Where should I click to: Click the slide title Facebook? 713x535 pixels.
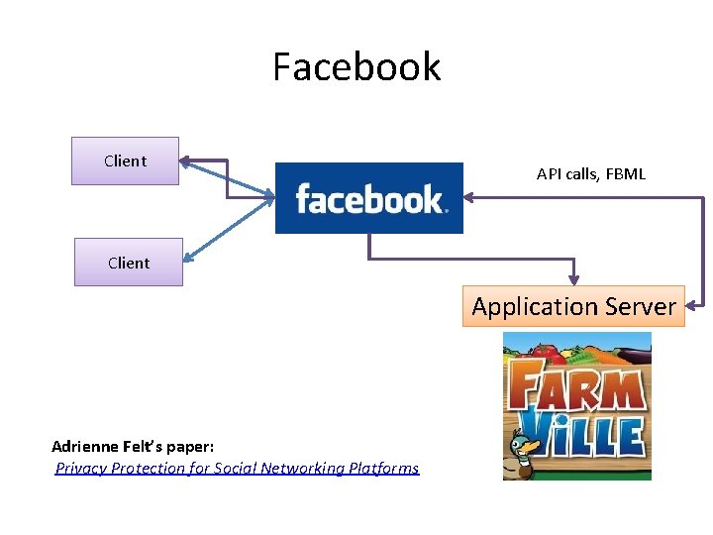[356, 67]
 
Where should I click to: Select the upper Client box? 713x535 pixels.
[125, 160]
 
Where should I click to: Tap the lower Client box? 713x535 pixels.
[129, 263]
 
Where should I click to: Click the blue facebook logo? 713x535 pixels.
[368, 198]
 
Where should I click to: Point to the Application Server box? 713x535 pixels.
[573, 306]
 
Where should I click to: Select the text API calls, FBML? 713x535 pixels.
[590, 174]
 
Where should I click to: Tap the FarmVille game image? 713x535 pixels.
[576, 406]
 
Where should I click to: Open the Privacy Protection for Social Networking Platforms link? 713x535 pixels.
[237, 468]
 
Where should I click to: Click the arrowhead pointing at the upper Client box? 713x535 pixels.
[185, 159]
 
